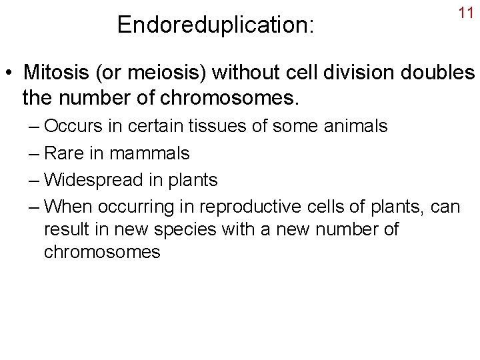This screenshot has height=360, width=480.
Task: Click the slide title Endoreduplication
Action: coord(216,25)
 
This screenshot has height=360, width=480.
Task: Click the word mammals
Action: coord(151,153)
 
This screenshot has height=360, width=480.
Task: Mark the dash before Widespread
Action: coord(34,181)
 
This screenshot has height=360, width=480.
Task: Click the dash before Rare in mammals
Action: coord(34,153)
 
